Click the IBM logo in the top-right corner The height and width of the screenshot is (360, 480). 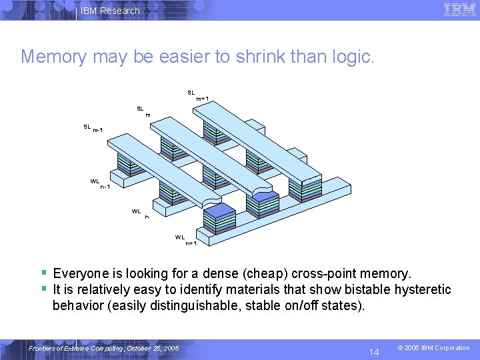tap(459, 10)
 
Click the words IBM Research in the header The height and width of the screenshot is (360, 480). tap(110, 11)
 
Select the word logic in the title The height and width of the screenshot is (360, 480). tap(354, 57)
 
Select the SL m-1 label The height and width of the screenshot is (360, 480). tap(93, 128)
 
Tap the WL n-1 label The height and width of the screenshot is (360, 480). tap(100, 183)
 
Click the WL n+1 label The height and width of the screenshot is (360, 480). tap(185, 240)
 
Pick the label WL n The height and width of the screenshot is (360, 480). tap(139, 214)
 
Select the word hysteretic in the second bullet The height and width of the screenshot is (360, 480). tap(421, 290)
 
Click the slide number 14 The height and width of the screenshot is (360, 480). tap(375, 351)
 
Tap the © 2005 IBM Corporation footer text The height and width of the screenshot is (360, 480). tap(433, 348)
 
